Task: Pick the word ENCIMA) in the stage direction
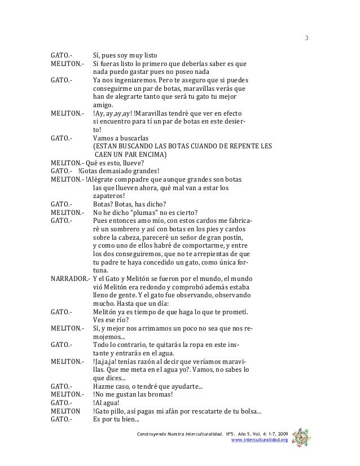click(x=148, y=154)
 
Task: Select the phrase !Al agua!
click(x=106, y=403)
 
